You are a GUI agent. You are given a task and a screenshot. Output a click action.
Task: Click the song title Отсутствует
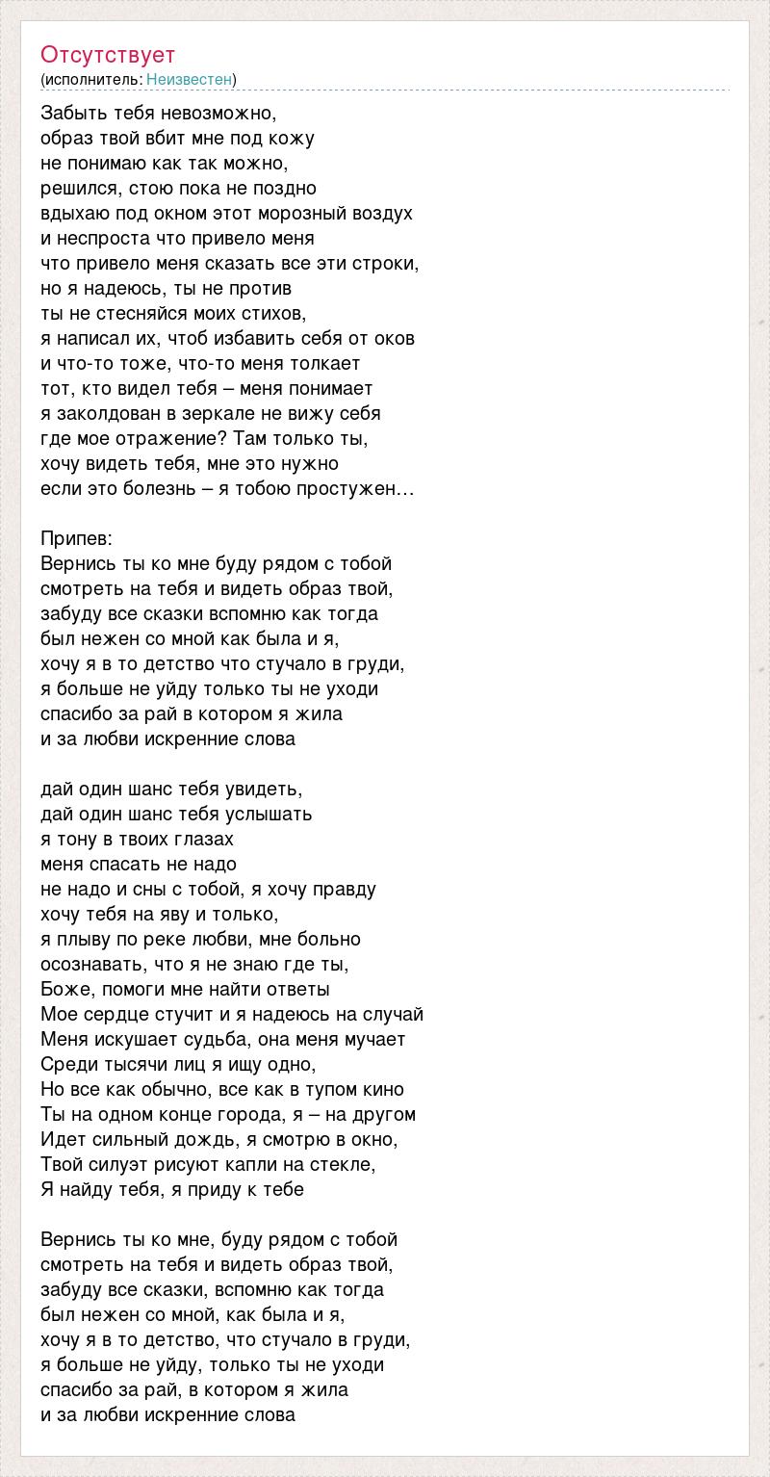coord(108,54)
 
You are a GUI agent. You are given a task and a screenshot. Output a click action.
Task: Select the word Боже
coord(67,989)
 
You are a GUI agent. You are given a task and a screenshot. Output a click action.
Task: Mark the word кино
coord(381,1089)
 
